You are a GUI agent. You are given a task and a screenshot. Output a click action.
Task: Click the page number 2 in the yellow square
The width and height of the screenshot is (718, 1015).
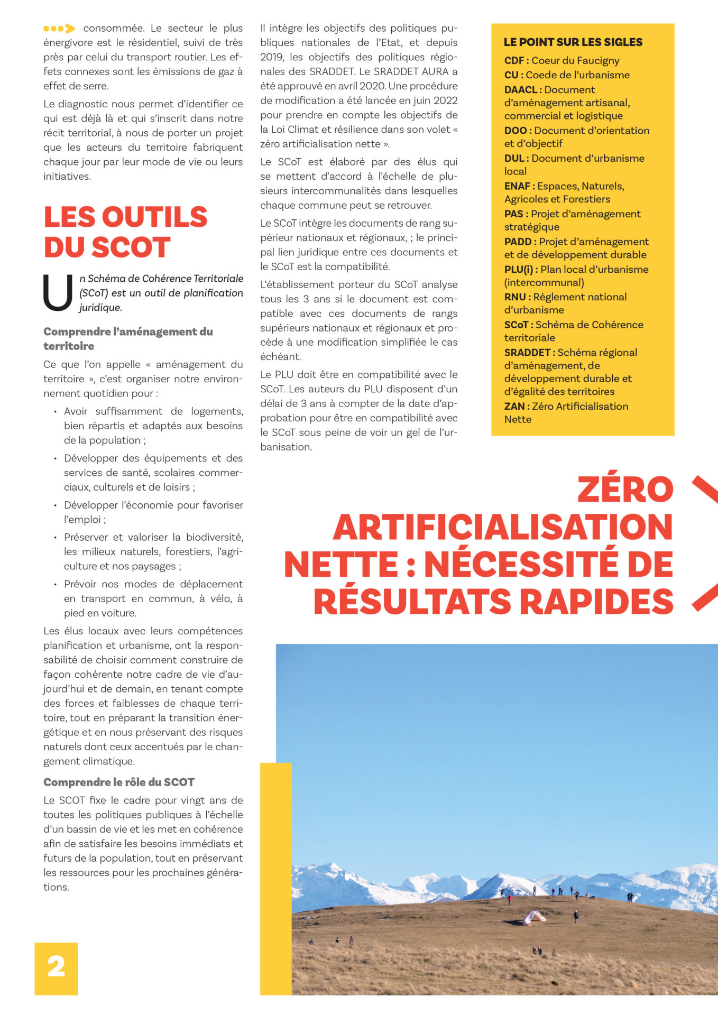[56, 967]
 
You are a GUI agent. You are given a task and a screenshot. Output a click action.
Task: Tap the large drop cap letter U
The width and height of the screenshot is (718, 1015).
[57, 292]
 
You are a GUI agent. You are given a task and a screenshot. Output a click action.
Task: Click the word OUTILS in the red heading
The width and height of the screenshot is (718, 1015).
[154, 217]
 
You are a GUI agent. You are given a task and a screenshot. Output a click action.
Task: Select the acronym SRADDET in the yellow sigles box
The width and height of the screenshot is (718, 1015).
[527, 353]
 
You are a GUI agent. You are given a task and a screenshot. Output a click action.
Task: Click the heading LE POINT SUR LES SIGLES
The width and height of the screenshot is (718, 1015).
[573, 42]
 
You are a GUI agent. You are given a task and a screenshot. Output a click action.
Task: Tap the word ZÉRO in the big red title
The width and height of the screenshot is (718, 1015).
[625, 490]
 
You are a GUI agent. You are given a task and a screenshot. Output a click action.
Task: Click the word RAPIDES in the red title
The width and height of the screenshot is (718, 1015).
[596, 602]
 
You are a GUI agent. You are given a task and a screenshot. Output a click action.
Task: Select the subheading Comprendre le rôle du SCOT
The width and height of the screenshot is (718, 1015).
[118, 782]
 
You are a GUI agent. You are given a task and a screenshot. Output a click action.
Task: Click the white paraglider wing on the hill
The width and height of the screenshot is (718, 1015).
[534, 917]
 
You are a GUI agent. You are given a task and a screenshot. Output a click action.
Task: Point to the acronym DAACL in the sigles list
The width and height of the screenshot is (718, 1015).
[521, 90]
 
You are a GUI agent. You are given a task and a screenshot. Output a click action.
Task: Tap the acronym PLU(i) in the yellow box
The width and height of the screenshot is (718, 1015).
[519, 270]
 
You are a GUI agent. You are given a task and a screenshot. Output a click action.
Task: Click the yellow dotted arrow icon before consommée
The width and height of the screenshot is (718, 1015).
[59, 29]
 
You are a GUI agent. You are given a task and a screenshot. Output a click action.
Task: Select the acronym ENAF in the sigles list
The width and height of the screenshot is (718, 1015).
[517, 186]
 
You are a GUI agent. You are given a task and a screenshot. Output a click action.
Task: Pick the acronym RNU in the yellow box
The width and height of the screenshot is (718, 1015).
[515, 297]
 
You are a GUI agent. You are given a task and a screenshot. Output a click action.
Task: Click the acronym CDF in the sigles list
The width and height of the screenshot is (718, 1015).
[514, 61]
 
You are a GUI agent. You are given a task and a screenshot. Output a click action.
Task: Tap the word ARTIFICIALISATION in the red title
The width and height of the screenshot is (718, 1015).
[502, 527]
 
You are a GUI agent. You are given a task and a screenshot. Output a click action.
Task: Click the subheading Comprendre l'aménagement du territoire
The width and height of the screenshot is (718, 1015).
[128, 339]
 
